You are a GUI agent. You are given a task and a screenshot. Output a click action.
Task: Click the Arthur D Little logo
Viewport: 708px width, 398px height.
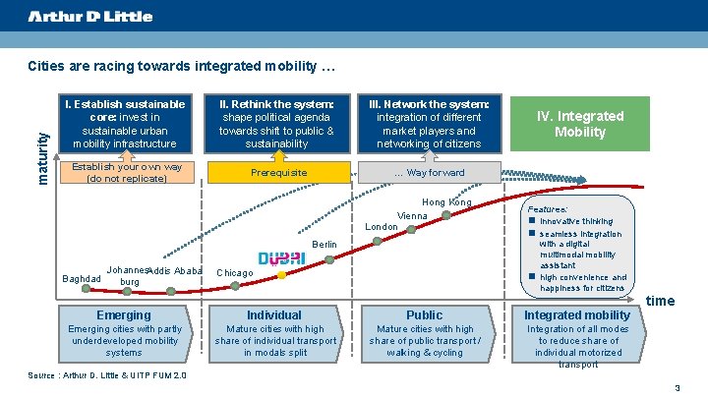[89, 17]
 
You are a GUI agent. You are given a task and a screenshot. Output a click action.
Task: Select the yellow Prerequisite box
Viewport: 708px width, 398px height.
[278, 173]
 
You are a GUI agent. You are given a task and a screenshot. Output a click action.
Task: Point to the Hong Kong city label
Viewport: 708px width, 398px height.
[446, 202]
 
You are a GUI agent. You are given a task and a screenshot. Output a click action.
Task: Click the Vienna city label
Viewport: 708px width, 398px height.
[412, 215]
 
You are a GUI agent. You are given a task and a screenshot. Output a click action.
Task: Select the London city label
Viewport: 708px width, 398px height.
[382, 227]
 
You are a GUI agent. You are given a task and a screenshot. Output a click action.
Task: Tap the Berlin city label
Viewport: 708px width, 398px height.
[324, 244]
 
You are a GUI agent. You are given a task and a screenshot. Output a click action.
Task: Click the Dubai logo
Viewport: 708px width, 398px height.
[281, 257]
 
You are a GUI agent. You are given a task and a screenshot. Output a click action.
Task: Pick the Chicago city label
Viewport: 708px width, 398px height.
[234, 272]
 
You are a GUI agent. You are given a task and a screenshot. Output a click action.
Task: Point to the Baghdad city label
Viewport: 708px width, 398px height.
[81, 279]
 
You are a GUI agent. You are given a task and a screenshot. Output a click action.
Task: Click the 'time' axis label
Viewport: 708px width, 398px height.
[660, 301]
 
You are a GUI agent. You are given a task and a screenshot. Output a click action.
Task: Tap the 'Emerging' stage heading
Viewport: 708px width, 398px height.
[124, 315]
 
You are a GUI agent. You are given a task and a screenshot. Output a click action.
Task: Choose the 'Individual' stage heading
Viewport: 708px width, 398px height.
[274, 315]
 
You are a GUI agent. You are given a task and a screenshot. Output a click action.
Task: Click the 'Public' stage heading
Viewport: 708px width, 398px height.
[425, 315]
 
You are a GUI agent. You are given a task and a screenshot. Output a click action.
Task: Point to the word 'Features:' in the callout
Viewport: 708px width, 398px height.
[548, 209]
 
